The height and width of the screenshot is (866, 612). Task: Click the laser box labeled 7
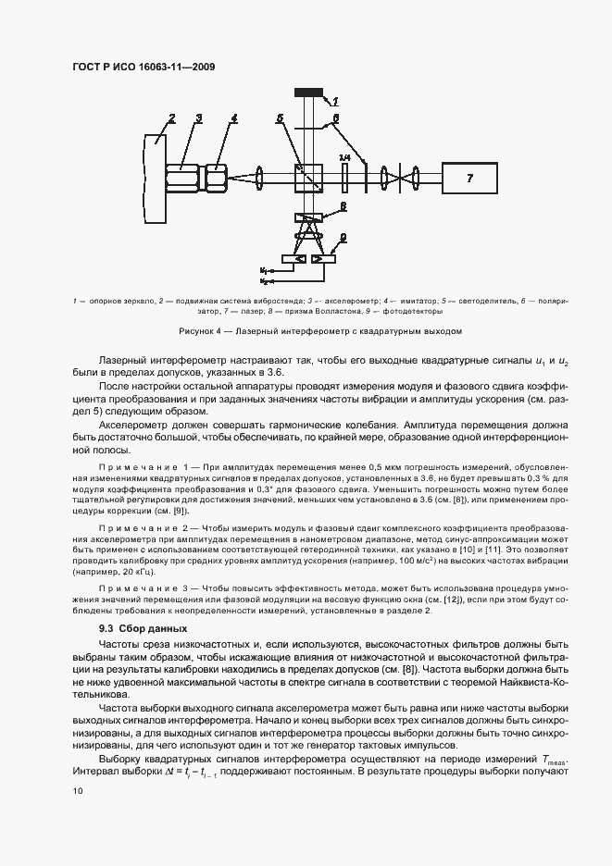pos(468,177)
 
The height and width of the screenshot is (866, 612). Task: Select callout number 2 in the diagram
pos(171,118)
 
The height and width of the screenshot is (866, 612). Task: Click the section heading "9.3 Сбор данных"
pos(123,629)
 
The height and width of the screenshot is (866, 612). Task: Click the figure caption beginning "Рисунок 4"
pos(306,330)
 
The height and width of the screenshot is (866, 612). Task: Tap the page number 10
pos(78,791)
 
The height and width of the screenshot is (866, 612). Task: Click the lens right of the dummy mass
pos(260,177)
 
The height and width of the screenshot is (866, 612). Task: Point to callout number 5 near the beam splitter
pos(280,118)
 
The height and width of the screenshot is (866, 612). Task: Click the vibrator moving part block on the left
pos(155,176)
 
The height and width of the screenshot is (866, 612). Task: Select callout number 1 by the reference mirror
pos(335,101)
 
